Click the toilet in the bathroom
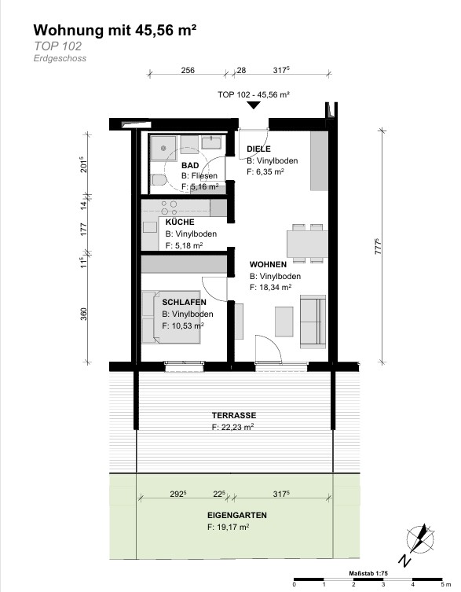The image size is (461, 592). coord(158,180)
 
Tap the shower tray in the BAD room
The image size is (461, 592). coord(163,148)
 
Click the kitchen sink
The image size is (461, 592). coord(150,227)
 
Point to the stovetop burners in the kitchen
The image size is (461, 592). coord(169,208)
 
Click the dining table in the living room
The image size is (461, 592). coord(307,244)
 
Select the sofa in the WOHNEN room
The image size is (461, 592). coord(313,322)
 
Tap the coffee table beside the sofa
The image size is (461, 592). coord(284,322)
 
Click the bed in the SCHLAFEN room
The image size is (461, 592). coord(171,317)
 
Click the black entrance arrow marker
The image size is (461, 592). coord(254,105)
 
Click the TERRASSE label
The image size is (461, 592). coord(234,415)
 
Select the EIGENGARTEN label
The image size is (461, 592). coord(237,515)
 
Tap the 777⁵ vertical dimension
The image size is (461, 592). coord(379,246)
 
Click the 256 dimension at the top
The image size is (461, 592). coord(188,70)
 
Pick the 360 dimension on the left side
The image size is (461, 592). coord(83,314)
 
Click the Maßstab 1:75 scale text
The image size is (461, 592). coord(368,573)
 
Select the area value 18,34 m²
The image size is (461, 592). coord(275,287)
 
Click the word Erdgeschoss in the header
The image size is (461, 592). coord(60,58)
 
